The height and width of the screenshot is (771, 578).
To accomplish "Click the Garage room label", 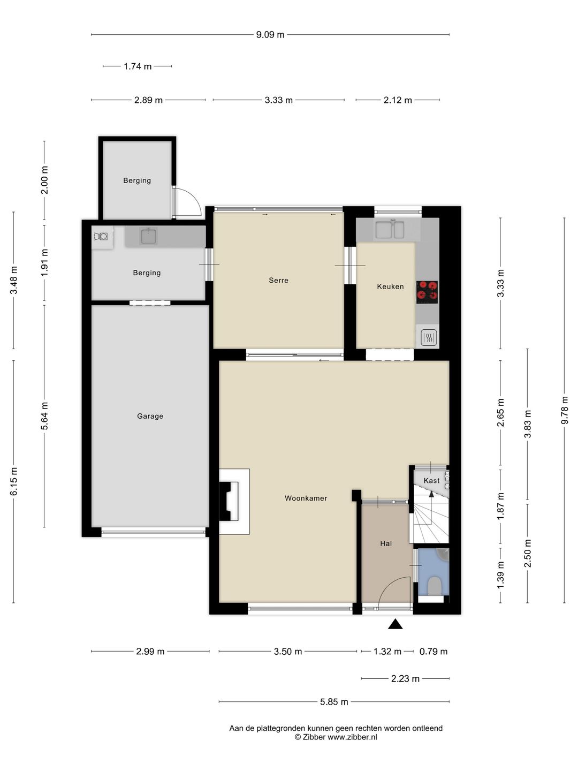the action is point(150,416).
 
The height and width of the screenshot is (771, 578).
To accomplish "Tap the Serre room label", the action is point(278,281).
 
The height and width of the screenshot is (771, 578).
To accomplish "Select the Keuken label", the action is point(390,286).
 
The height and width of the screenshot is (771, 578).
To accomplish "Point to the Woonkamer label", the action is point(306,498).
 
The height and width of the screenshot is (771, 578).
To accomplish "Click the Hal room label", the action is point(386,543).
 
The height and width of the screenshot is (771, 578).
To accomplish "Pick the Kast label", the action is point(431,480).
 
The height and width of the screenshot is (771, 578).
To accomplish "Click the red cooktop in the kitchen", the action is point(427,292).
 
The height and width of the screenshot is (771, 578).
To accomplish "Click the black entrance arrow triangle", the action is point(395,624).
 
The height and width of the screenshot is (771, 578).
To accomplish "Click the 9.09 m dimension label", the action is point(270,35).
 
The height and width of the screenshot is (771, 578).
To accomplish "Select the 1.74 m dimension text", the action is point(138,66).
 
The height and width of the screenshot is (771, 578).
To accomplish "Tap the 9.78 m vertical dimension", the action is point(564,410).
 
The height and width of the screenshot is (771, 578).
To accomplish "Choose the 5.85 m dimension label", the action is point(334,702).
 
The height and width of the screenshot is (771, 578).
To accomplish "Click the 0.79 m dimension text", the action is point(433,652).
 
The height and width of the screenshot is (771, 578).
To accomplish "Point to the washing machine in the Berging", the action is point(102,237).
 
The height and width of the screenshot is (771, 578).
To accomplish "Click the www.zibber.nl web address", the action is point(352,737).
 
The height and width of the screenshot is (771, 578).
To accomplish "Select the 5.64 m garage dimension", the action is point(44,416).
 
